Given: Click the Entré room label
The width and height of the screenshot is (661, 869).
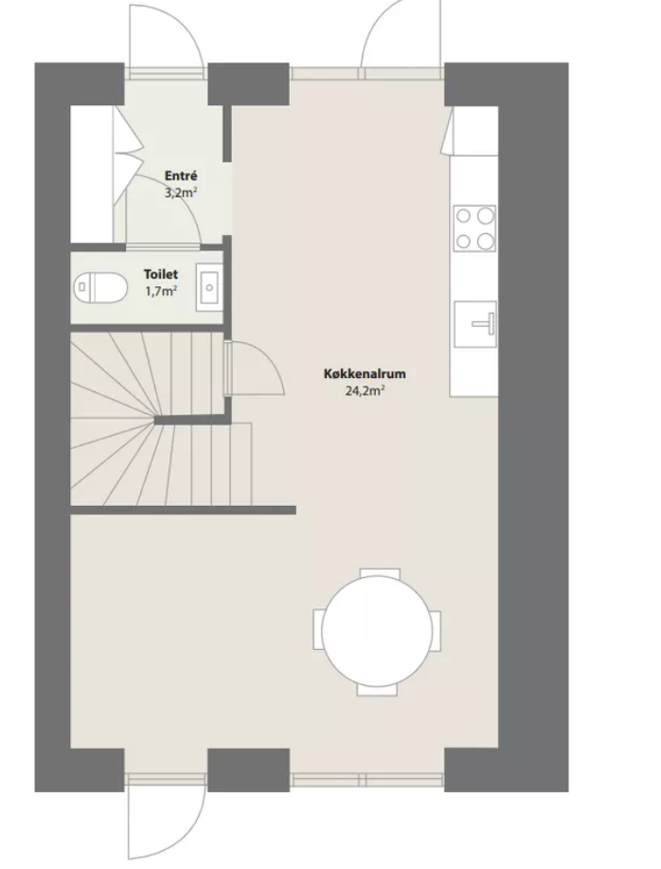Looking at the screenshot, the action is coord(181,176).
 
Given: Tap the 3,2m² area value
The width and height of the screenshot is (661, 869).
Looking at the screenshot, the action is coord(181,193).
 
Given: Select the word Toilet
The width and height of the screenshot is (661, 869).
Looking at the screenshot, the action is coord(161,274).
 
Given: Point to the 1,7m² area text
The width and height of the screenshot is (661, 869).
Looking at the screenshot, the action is coord(161,291).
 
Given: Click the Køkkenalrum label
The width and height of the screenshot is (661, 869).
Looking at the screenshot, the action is coord(365,373).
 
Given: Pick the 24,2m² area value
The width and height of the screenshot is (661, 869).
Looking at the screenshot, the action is coord(366,390).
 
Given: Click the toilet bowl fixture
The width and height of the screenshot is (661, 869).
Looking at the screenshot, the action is coord(100,287).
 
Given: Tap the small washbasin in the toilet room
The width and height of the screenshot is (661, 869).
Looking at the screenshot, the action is coord(208,288).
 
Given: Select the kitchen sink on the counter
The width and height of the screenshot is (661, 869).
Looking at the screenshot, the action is coord(475,324).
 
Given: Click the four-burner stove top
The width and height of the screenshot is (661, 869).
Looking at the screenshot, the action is coord(474,227).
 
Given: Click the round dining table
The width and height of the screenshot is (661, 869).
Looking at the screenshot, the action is coord(377,631).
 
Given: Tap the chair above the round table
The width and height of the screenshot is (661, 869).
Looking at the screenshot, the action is coord(380,573).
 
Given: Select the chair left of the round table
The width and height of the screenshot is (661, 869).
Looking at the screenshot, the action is coord(318,629).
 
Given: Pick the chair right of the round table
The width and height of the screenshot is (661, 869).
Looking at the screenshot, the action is coord(437,631).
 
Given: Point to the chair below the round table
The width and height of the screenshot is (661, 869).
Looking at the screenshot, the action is coord(377,690).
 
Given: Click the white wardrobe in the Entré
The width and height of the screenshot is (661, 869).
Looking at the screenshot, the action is coord(92,173).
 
